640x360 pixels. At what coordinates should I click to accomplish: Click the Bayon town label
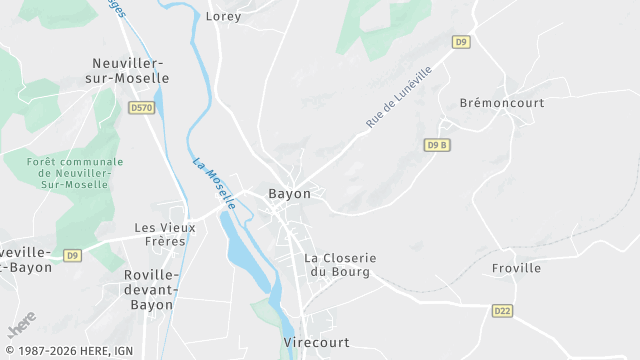(289, 193)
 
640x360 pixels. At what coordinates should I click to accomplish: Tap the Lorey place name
(224, 16)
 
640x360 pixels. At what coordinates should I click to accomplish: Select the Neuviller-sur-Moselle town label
(130, 69)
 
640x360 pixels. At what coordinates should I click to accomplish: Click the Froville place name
(516, 268)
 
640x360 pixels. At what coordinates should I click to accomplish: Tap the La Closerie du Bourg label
(340, 264)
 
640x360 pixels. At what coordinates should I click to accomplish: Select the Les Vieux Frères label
(165, 234)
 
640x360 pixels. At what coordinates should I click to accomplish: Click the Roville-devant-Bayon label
(151, 289)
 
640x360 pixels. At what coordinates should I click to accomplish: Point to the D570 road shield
(142, 106)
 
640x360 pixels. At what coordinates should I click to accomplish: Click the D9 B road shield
(437, 145)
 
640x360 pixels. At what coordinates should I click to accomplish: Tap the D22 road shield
(502, 311)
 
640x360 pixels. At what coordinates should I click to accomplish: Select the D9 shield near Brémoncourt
(460, 42)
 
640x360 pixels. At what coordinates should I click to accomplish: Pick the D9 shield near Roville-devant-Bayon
(72, 255)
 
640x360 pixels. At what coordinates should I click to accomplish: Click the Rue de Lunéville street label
(398, 97)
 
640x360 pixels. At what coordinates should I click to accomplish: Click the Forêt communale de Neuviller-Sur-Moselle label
(76, 173)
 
